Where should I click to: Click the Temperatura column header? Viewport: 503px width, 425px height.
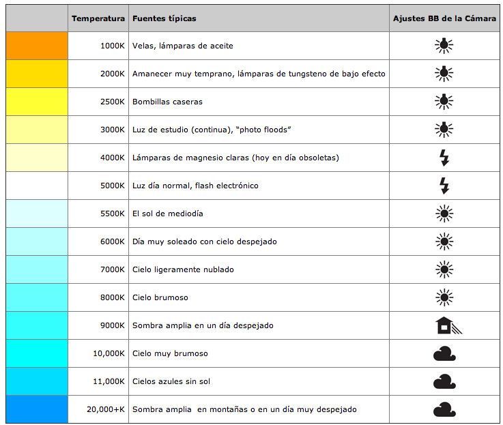[x=98, y=18]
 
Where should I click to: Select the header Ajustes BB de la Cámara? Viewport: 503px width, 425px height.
[x=444, y=18]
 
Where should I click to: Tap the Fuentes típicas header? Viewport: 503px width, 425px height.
[x=164, y=18]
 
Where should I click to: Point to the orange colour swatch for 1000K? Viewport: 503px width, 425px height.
[x=37, y=46]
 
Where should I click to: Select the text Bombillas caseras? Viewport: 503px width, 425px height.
[x=167, y=102]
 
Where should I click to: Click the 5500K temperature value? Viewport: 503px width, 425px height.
[x=113, y=214]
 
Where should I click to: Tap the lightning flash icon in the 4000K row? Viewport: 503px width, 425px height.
[x=444, y=158]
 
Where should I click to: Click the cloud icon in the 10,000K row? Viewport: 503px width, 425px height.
[x=444, y=353]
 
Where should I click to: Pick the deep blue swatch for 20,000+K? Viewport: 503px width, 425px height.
[x=37, y=409]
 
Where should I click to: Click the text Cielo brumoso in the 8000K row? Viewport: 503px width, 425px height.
[x=160, y=297]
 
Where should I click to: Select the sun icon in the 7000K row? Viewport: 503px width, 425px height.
[x=444, y=269]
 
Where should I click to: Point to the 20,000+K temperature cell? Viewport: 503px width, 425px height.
[x=105, y=409]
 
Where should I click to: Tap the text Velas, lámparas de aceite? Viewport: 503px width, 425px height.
[x=182, y=46]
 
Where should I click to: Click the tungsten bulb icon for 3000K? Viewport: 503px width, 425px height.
[x=444, y=129]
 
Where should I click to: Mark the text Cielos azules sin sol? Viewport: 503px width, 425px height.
[x=171, y=381]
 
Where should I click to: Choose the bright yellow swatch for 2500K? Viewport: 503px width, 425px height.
[x=37, y=102]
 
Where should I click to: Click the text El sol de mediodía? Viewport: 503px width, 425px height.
[x=167, y=214]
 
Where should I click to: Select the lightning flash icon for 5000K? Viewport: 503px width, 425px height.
[x=444, y=186]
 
